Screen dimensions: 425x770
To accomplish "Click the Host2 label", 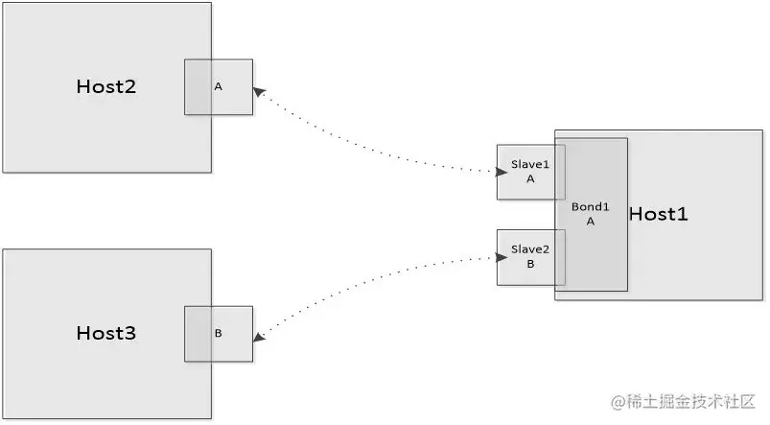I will pos(106,86).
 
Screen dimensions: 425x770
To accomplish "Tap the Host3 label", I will pos(106,334).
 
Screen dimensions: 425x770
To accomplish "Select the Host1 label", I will pos(658,214).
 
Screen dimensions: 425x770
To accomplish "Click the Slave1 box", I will pos(530,172).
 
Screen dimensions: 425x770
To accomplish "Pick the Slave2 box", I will pos(530,257).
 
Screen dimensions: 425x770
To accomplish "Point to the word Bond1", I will pos(591,206).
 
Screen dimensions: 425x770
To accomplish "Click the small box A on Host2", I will pos(219,87).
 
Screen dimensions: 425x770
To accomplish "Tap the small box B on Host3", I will pos(219,334).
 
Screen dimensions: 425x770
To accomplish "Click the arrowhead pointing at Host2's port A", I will pos(259,91).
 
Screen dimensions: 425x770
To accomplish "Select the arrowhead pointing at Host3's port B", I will pos(259,337).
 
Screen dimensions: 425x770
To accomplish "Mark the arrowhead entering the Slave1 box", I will pos(502,172).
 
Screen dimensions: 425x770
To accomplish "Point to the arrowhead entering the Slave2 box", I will pos(502,257).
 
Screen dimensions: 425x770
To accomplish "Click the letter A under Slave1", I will pos(530,178).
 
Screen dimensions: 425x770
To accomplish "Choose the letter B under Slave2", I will pos(530,264).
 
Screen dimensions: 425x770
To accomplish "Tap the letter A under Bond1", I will pos(591,221).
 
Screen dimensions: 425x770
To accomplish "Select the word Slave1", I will pos(530,165).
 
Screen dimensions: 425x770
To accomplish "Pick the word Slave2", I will pos(530,250).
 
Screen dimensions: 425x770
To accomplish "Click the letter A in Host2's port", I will pos(219,87).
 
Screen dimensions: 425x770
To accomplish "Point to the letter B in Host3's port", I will pos(219,334).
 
